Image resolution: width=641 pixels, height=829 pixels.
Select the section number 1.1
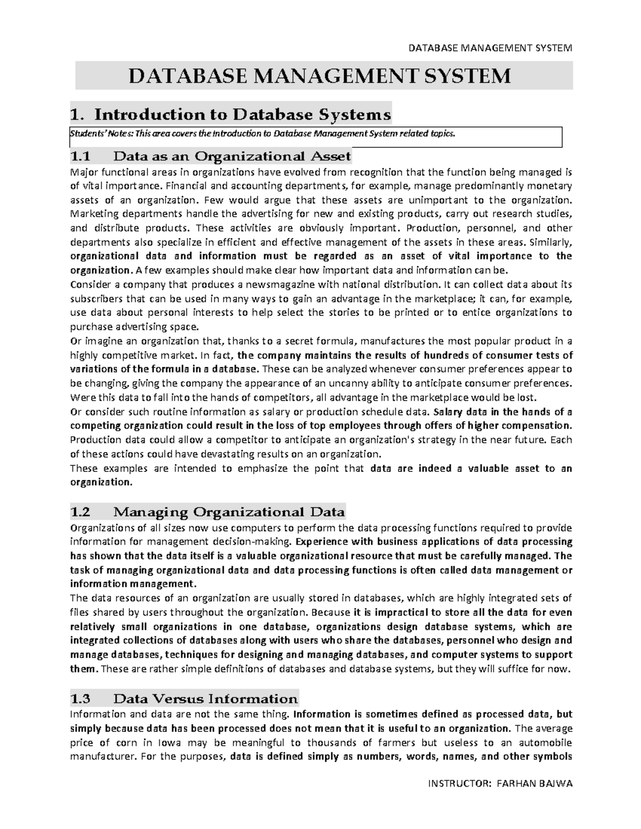tap(81, 156)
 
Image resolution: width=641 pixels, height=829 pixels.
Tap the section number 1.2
tap(81, 512)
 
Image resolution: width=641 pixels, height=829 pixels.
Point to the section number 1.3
tap(81, 699)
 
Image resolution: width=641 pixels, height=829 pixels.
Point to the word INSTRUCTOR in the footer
tap(459, 784)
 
